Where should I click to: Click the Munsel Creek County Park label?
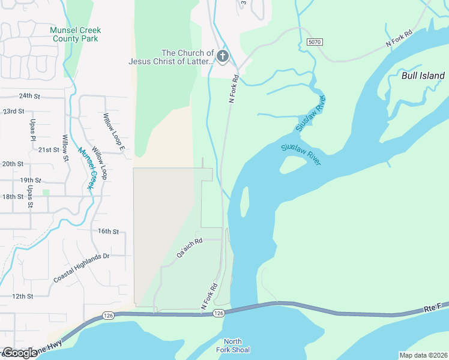click(x=76, y=34)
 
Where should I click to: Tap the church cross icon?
click(x=223, y=57)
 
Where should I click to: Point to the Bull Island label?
click(x=423, y=76)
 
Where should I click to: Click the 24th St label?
click(x=29, y=96)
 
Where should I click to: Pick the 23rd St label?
click(x=13, y=112)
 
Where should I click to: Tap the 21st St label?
click(x=48, y=149)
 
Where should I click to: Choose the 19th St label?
click(x=30, y=180)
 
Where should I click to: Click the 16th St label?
click(x=109, y=231)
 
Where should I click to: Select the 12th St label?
click(x=21, y=296)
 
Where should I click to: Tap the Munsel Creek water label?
click(x=84, y=168)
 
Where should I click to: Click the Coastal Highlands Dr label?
click(x=81, y=268)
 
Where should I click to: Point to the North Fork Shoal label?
click(x=233, y=346)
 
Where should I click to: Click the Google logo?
click(x=19, y=353)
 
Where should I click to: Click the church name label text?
click(x=171, y=57)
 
